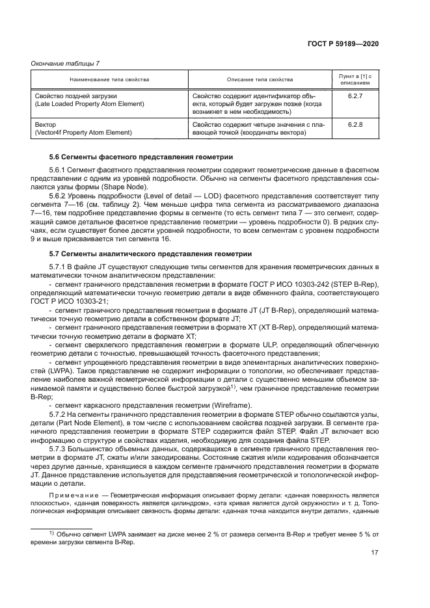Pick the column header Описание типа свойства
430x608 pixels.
click(x=260, y=79)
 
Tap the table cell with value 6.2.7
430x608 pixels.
click(x=355, y=95)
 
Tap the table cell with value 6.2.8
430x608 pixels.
click(x=355, y=124)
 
